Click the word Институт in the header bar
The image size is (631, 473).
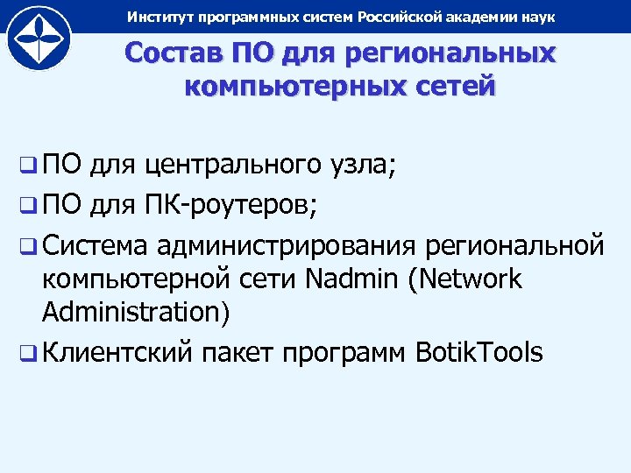click(x=156, y=18)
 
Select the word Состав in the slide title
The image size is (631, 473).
click(x=172, y=53)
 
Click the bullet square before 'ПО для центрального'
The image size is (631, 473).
click(x=28, y=164)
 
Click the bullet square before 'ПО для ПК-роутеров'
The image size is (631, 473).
click(x=28, y=207)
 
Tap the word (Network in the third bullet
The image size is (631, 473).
click(x=471, y=279)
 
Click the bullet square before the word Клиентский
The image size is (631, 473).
click(x=28, y=354)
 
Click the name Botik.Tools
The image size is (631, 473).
click(x=479, y=353)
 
